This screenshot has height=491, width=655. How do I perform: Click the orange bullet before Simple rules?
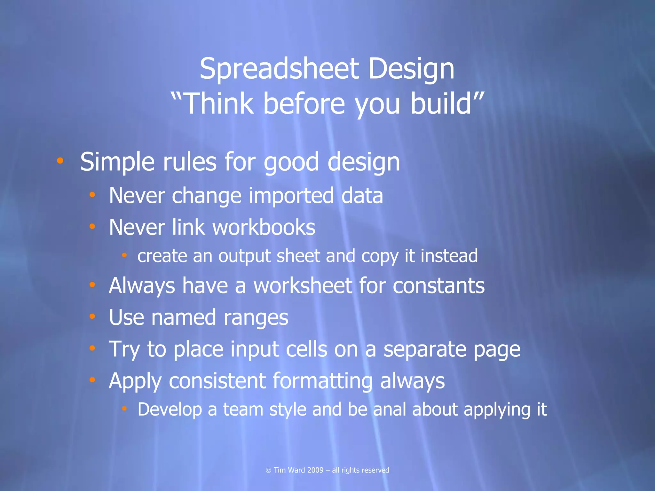[x=60, y=160]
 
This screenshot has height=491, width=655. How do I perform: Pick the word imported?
[x=291, y=196]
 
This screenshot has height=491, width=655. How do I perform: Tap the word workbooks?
[x=264, y=227]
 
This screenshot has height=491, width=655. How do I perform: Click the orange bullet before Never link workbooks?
[x=92, y=226]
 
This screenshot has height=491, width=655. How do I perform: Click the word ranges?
[x=256, y=318]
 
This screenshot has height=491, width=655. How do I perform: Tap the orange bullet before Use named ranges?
[x=92, y=316]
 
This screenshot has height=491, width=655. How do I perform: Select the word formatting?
[x=322, y=381]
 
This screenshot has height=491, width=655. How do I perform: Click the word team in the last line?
[x=243, y=409]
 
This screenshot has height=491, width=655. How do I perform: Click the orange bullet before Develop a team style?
[x=124, y=408]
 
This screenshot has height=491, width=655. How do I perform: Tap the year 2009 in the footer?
[x=315, y=470]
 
